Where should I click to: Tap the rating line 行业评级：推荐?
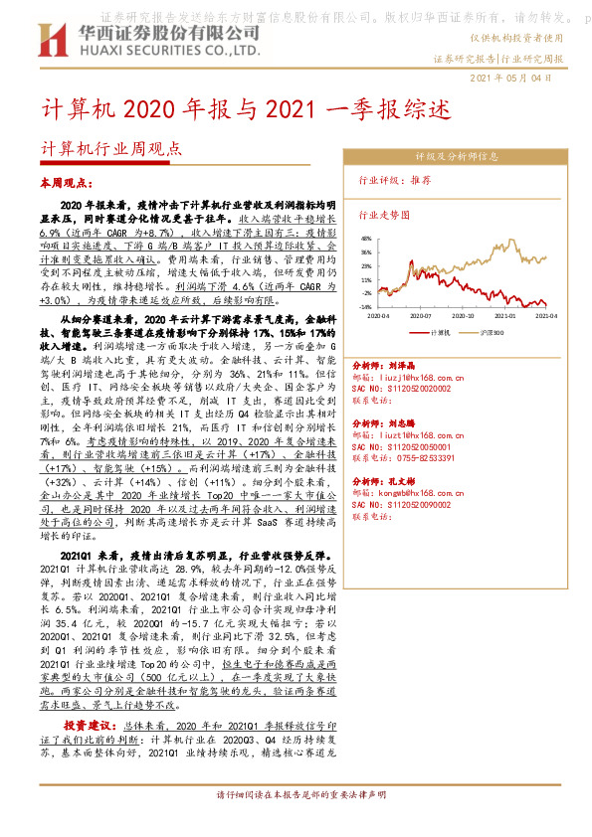pos(394,181)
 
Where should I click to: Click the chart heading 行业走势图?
pos(384,214)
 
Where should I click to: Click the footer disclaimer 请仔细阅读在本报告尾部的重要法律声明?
pos(296,825)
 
